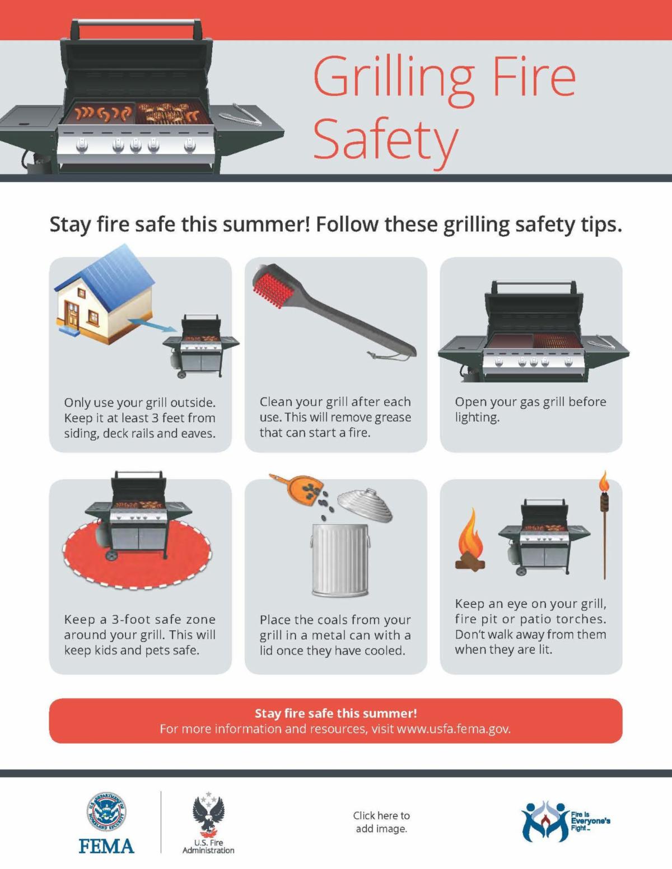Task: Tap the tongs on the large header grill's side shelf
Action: (246, 115)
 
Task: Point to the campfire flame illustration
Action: (472, 540)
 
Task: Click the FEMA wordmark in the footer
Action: (106, 846)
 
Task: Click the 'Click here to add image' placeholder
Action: (381, 822)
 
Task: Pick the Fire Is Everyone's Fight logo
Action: (566, 821)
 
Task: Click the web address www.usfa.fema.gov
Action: (454, 729)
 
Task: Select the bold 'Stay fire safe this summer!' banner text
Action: (336, 713)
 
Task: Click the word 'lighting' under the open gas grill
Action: (477, 418)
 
